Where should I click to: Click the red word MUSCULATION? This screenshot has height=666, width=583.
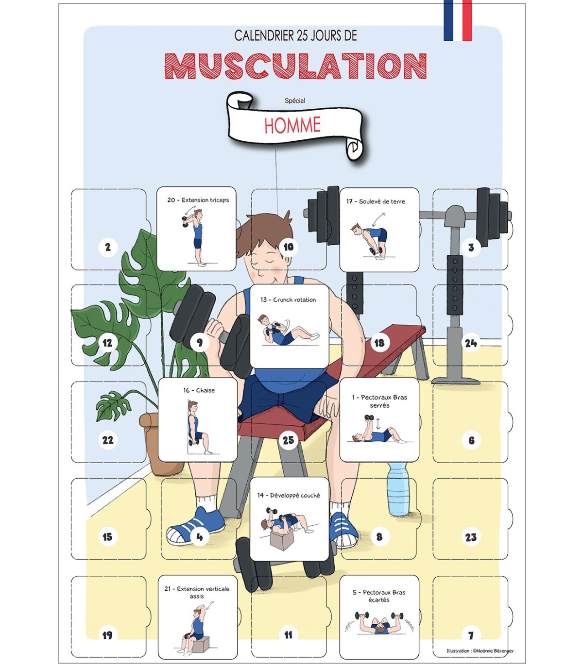tap(295, 66)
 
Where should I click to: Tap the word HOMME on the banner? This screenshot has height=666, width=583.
tap(292, 125)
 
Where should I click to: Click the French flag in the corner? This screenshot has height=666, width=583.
tap(457, 20)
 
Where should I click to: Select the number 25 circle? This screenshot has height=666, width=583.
tap(288, 440)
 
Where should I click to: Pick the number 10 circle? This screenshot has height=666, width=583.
tap(288, 247)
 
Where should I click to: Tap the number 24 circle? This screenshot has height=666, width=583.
tap(471, 343)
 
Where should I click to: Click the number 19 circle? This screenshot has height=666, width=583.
tap(107, 635)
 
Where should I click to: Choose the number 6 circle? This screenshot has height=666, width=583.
tap(471, 440)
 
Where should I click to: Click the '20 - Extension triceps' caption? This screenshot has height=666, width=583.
tap(198, 200)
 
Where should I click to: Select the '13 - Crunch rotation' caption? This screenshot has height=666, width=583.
tap(288, 300)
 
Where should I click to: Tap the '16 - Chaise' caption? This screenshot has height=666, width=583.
tap(199, 390)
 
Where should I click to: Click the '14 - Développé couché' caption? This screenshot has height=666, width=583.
tap(289, 495)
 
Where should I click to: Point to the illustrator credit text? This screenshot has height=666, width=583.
tap(480, 650)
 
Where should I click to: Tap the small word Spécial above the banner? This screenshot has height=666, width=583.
tap(295, 100)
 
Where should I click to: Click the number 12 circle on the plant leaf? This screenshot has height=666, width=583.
tap(107, 343)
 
